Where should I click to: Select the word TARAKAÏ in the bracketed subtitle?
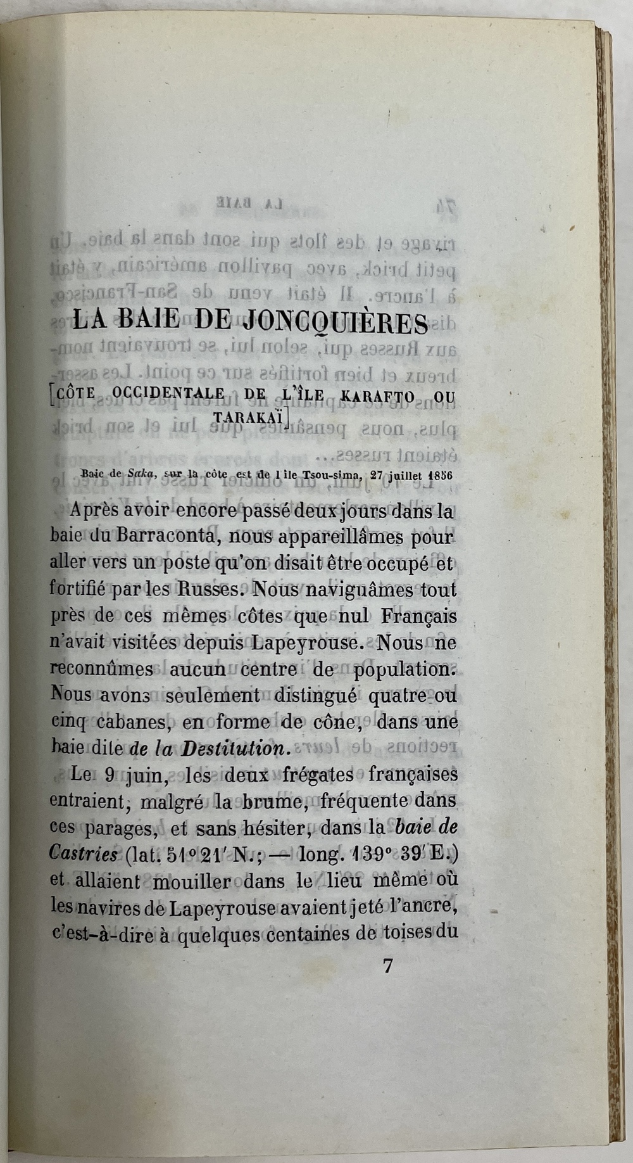[249, 418]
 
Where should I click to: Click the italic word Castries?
[84, 855]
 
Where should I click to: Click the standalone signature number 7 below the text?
[389, 967]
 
